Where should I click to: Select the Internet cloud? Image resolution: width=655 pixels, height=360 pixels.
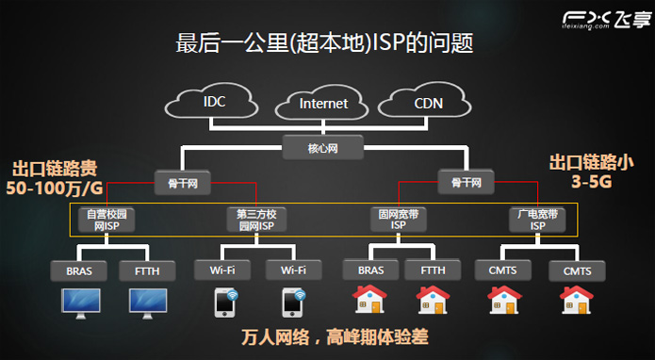pos(323,104)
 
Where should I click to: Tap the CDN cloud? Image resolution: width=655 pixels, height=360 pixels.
pos(429,101)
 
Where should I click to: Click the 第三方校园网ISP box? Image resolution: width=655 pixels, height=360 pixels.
pos(255,220)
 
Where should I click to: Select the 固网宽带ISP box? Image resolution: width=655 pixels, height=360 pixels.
pos(397,220)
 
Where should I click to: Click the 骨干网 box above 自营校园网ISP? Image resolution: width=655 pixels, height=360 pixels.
pos(183,182)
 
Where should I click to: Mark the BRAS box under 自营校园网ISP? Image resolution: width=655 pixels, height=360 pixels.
pos(79,271)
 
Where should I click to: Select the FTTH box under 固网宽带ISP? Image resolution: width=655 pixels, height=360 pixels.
pos(433,271)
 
